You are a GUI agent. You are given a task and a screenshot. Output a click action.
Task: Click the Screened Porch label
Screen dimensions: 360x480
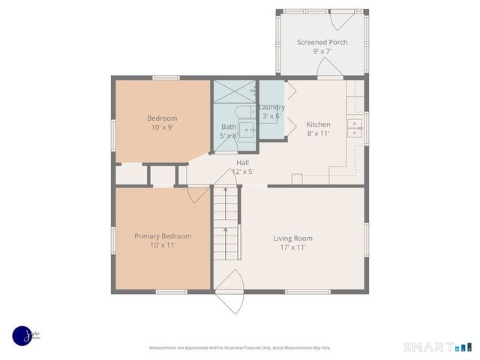tap(322, 42)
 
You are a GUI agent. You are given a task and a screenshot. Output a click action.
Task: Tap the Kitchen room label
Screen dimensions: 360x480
tap(318, 124)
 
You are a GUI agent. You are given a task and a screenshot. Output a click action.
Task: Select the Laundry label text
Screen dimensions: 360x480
tap(271, 107)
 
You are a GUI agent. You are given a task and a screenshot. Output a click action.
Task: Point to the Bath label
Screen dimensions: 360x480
tap(228, 127)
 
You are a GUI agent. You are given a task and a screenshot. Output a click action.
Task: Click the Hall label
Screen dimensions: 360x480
tap(242, 162)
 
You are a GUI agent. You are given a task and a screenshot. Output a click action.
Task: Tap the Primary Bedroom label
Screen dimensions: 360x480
tap(163, 236)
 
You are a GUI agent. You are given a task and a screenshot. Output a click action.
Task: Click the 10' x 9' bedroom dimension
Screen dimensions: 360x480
tap(162, 128)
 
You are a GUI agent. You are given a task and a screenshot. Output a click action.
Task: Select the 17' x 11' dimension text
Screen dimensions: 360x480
tap(292, 247)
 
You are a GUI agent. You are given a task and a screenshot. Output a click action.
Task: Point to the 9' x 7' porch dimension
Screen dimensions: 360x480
tap(322, 52)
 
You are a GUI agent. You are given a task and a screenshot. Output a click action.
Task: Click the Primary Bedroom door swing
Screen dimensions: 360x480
tap(198, 193)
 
